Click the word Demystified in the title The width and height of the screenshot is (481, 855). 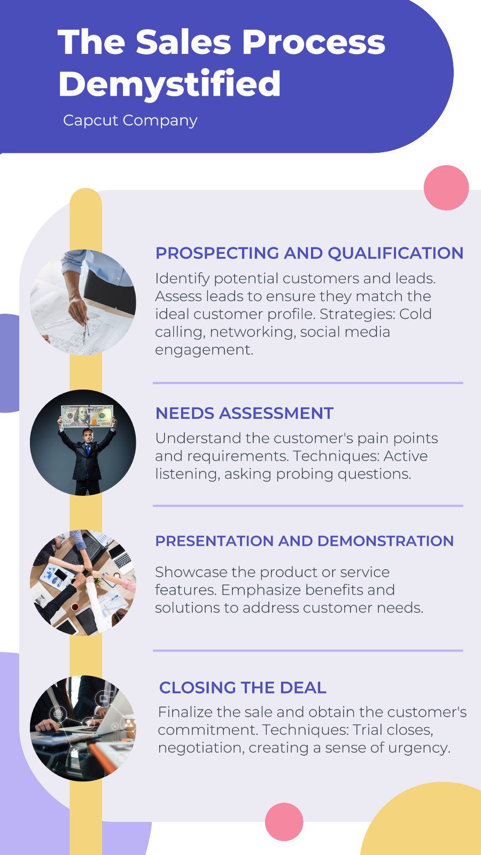click(169, 84)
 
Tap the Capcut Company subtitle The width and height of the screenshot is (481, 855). click(130, 121)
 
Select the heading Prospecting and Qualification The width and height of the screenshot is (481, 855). click(309, 253)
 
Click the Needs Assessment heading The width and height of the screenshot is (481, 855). click(244, 414)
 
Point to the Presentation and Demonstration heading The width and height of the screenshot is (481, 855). click(304, 541)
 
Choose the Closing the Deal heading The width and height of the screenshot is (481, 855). click(243, 687)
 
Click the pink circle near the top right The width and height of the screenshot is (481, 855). click(446, 188)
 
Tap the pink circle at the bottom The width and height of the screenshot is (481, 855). click(284, 822)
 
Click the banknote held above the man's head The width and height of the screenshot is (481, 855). click(88, 416)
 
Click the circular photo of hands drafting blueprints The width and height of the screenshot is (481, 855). click(83, 302)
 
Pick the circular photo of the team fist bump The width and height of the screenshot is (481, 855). click(83, 582)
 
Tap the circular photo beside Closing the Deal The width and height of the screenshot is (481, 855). click(83, 728)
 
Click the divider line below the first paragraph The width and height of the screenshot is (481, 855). click(308, 383)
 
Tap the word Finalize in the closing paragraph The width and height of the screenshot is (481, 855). click(186, 712)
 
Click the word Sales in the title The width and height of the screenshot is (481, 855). click(184, 42)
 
